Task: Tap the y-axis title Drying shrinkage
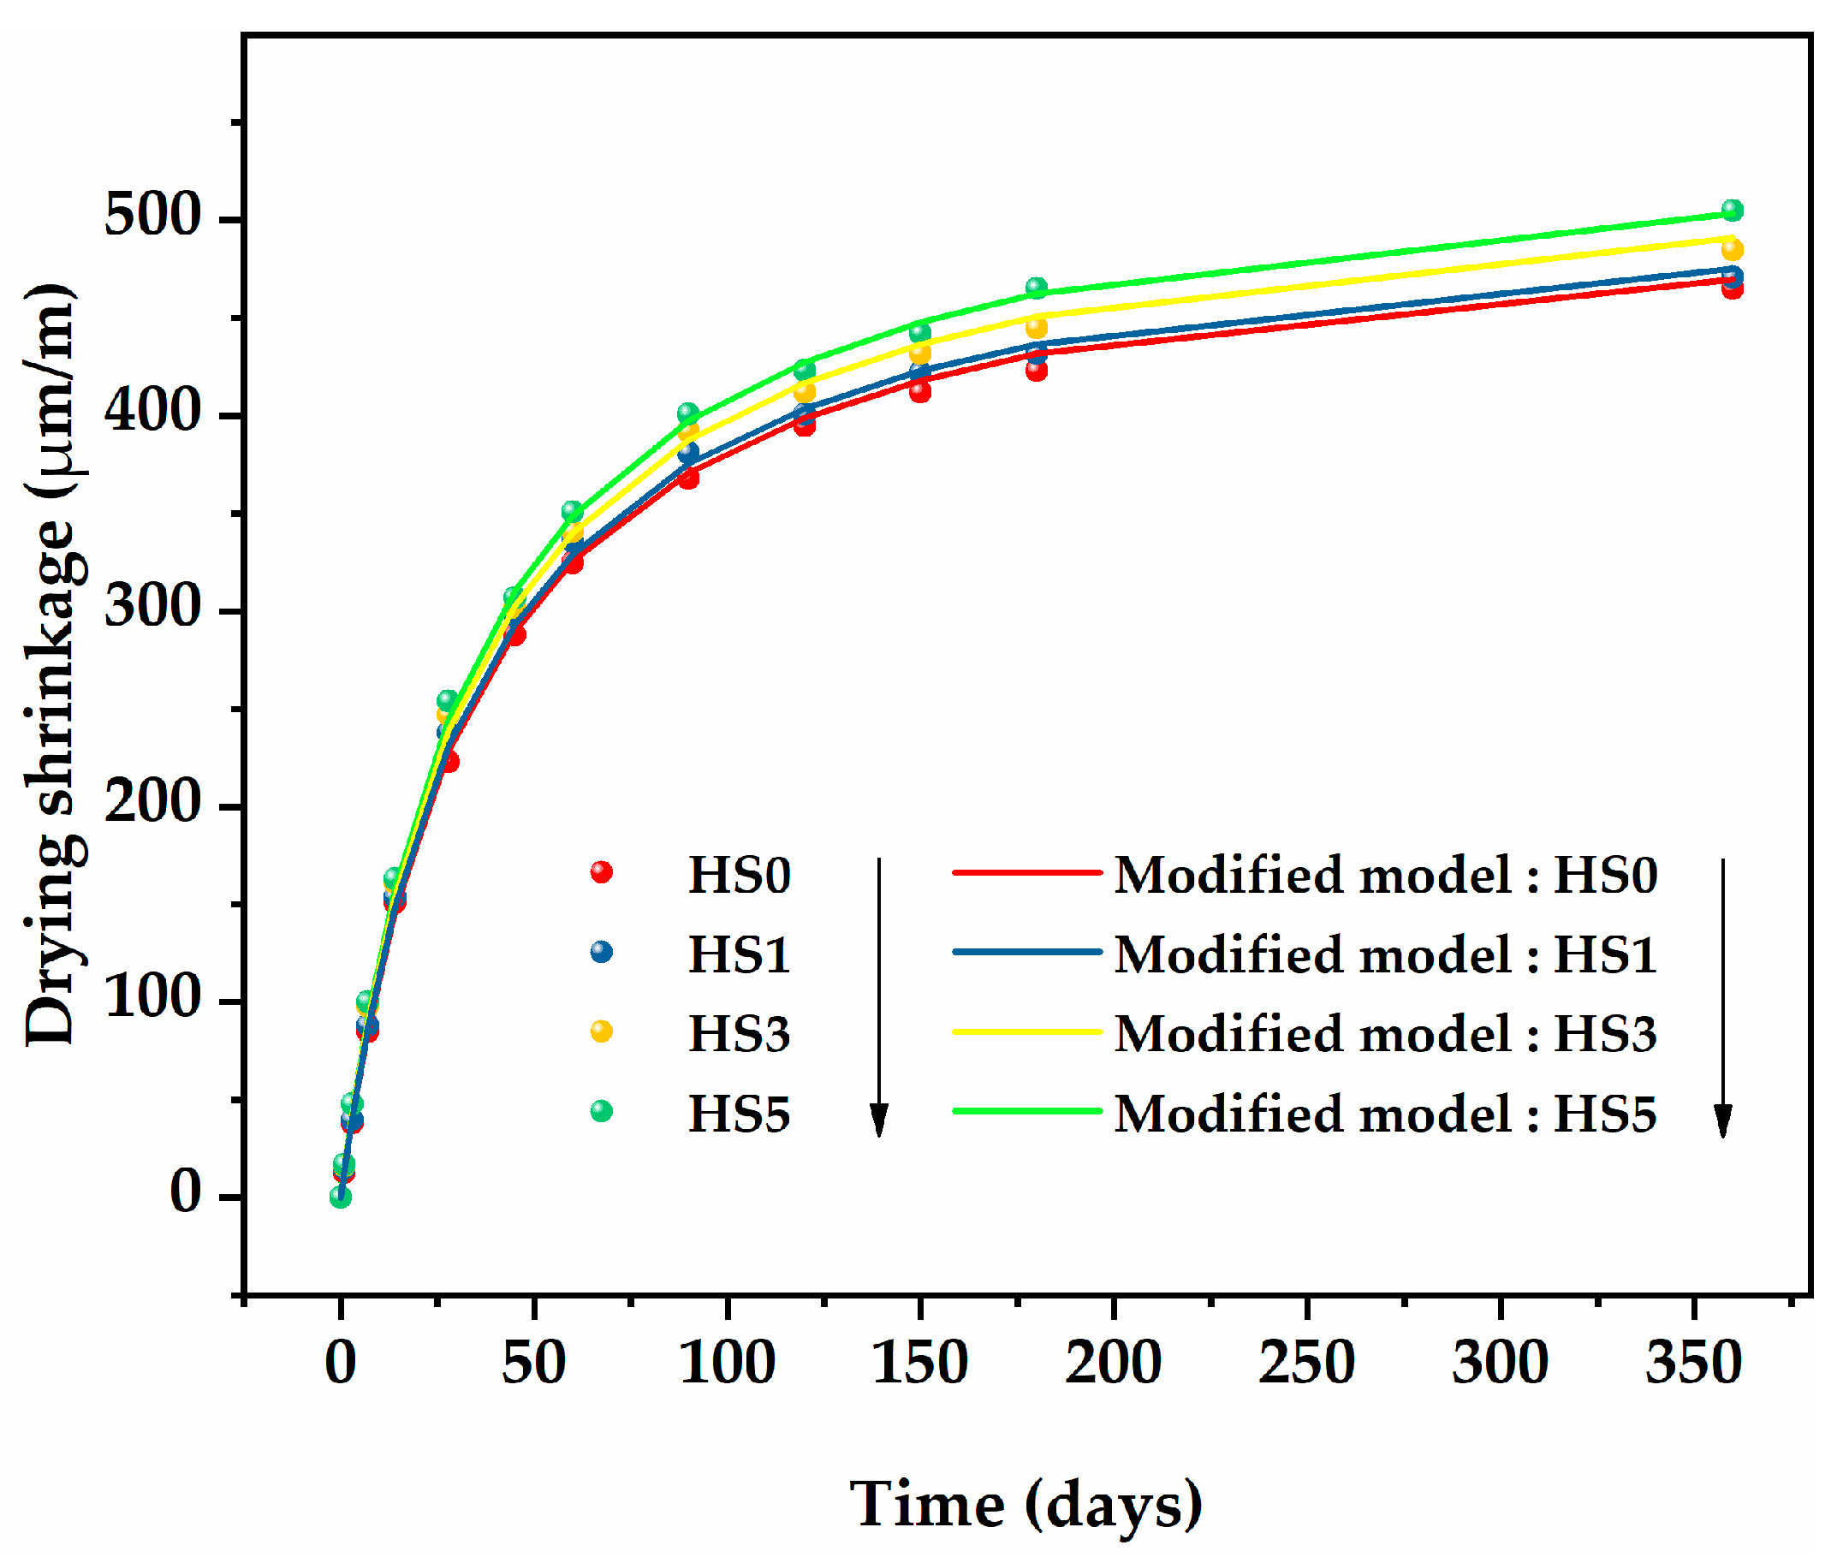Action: tap(55, 664)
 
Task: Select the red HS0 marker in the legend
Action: tap(602, 873)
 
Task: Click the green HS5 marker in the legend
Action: tap(602, 1111)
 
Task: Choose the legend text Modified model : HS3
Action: tap(1385, 1034)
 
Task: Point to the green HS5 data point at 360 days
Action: tap(1733, 210)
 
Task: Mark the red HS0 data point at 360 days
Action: tap(1733, 288)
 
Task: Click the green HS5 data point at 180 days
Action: tap(1037, 288)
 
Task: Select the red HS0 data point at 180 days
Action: tap(1037, 371)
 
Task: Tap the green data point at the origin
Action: tap(340, 1197)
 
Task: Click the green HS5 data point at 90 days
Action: tap(688, 413)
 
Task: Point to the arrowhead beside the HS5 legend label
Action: tap(879, 1120)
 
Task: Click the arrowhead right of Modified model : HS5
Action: tap(1723, 1120)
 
